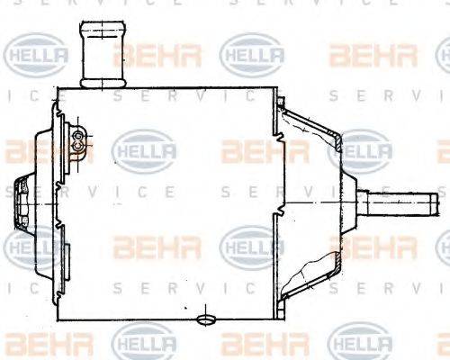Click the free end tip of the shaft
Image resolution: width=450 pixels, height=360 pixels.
click(x=441, y=201)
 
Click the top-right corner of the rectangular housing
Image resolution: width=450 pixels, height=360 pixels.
click(x=276, y=88)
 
